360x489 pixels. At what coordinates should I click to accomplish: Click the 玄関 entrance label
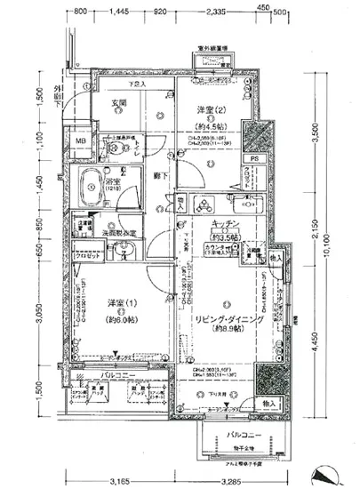click(118, 104)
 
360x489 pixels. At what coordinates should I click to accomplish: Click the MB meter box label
click(80, 141)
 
